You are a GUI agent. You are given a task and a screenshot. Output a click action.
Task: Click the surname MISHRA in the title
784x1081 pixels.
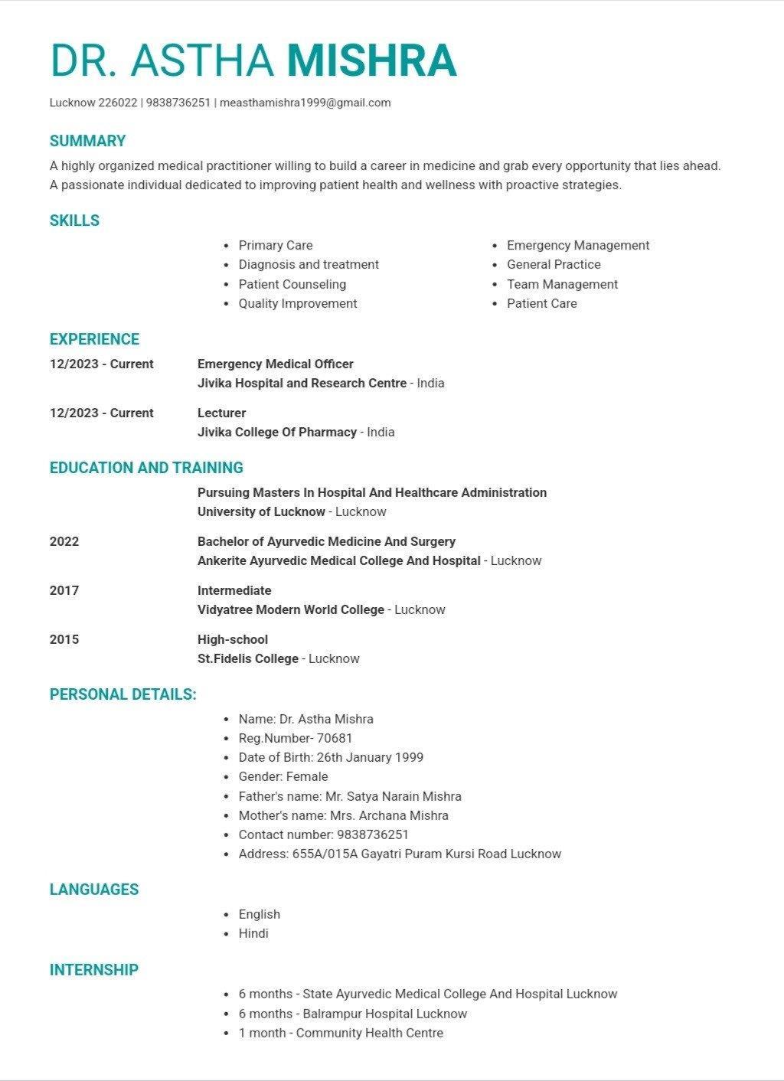[x=371, y=61]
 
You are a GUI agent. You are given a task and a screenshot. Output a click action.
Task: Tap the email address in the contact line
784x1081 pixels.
[x=305, y=103]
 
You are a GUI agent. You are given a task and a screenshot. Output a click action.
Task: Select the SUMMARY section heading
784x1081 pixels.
[x=87, y=141]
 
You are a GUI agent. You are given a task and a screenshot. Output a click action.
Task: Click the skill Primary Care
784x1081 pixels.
[x=276, y=245]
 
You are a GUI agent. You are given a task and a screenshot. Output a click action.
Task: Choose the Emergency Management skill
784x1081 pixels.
[x=578, y=245]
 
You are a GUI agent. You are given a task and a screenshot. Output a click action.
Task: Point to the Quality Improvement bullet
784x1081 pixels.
[x=298, y=303]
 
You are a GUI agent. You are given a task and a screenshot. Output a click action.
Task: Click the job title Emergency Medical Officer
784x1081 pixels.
[x=276, y=364]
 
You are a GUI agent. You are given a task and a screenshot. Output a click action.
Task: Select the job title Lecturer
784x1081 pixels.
[x=222, y=413]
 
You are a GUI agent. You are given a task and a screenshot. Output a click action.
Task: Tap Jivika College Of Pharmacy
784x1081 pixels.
[x=277, y=432]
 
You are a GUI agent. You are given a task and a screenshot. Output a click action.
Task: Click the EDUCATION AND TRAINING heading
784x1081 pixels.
[x=146, y=468]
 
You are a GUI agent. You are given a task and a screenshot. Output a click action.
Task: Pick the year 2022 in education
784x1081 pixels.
[x=64, y=541]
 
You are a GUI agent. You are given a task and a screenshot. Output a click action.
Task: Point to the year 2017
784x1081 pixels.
[x=64, y=590]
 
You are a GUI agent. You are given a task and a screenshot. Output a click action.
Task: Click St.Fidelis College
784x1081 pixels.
[x=248, y=658]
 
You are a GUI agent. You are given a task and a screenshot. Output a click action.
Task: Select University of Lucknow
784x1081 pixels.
[x=261, y=511]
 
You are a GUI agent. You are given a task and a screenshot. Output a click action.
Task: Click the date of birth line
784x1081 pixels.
[x=331, y=757]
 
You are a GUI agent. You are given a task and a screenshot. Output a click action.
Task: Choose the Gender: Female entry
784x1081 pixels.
[x=283, y=776]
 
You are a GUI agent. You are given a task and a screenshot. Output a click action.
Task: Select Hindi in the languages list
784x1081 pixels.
[x=253, y=933]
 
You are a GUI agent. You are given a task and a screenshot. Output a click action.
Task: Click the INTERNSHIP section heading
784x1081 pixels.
[x=94, y=970]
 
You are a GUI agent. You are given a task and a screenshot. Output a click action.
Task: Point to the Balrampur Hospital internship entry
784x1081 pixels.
[x=353, y=1014]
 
